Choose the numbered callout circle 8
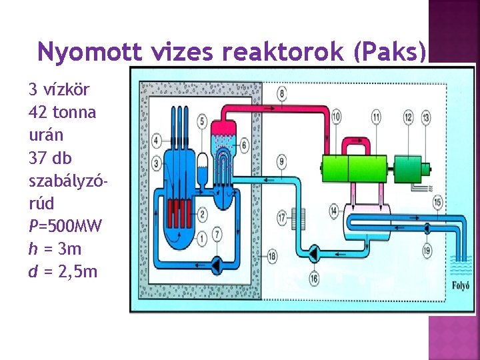pos(283,93)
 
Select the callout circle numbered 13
pos(426,117)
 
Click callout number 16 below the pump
pos(313,278)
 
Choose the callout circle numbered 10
pos(336,117)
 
